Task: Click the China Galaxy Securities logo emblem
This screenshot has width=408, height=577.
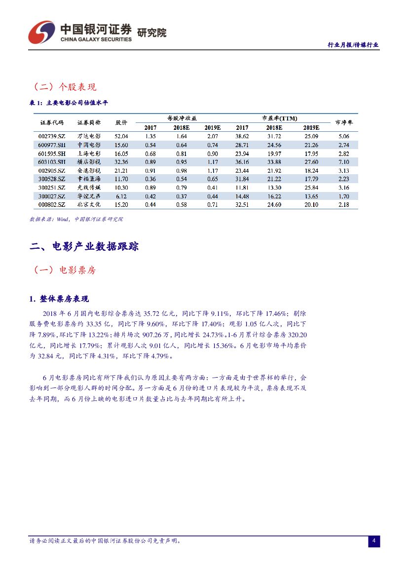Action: (x=41, y=32)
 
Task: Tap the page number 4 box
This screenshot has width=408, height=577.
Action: (x=374, y=541)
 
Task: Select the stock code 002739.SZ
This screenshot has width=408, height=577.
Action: (x=51, y=136)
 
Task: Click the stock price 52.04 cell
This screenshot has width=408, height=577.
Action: (x=121, y=136)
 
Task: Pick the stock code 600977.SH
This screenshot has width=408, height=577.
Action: (x=51, y=145)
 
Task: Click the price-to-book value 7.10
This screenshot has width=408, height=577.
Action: (x=344, y=161)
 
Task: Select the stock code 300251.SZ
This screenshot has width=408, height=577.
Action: (x=51, y=188)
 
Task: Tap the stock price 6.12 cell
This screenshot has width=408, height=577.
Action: (x=121, y=196)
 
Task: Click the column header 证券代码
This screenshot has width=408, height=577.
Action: (x=52, y=122)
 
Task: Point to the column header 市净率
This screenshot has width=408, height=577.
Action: (x=344, y=122)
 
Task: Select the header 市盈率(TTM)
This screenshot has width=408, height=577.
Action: (x=279, y=118)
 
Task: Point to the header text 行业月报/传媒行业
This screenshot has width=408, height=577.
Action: (x=353, y=44)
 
